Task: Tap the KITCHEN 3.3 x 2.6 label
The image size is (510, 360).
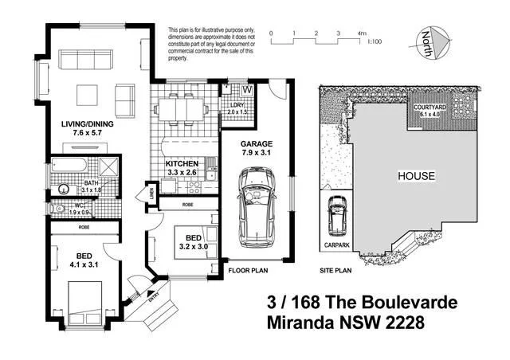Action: click(x=182, y=167)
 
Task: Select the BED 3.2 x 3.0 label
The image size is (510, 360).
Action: click(x=193, y=242)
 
